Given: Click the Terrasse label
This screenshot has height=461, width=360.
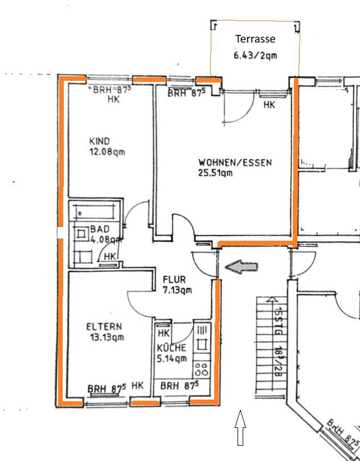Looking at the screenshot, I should [x=256, y=39].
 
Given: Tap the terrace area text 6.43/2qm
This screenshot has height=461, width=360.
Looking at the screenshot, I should [x=256, y=55].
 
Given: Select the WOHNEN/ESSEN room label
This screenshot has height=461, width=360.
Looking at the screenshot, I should [x=235, y=162].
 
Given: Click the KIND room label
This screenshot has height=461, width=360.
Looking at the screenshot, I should [x=100, y=141].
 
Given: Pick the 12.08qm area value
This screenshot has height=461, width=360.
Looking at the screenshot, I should [x=107, y=152].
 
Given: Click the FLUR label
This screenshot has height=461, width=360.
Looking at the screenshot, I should [x=174, y=279].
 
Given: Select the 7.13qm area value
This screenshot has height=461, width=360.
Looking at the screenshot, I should [x=177, y=290].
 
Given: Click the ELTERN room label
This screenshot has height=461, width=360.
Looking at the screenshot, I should [x=104, y=327].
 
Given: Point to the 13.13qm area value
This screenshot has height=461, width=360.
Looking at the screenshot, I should [x=106, y=337].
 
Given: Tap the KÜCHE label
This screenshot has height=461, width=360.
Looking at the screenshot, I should [x=171, y=348].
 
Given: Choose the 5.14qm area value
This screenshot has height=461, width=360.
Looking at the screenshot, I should [x=173, y=358].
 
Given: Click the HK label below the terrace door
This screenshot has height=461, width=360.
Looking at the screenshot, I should [x=269, y=105].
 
